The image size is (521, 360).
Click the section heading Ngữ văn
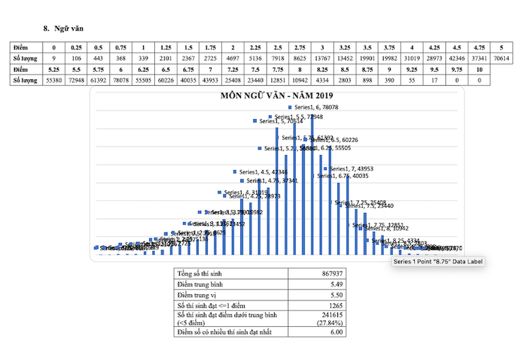coord(68,28)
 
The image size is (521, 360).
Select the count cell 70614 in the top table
coord(500,59)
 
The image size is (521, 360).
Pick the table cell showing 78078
coord(120,80)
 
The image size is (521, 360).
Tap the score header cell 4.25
coord(435,48)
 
